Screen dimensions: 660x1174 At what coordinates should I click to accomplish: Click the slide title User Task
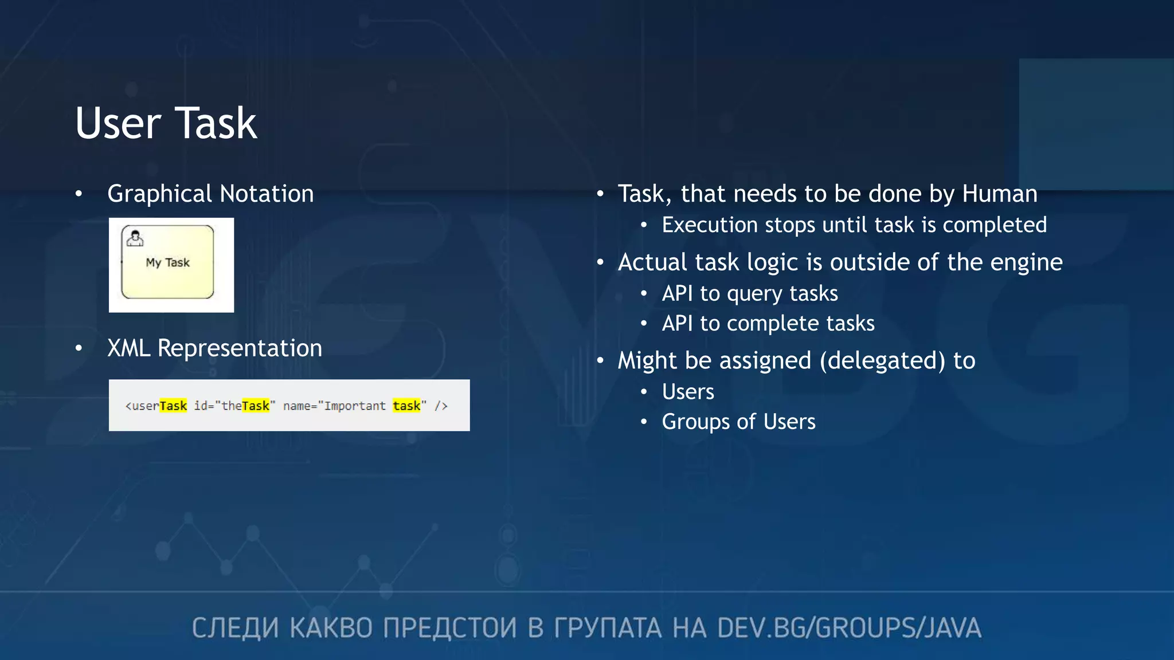click(166, 123)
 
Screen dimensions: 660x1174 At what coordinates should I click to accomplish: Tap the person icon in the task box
click(135, 238)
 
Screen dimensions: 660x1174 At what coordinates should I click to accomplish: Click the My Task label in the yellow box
click(167, 262)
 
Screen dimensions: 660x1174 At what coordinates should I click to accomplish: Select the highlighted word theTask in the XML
click(245, 406)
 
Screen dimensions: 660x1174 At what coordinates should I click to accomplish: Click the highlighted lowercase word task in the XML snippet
click(406, 406)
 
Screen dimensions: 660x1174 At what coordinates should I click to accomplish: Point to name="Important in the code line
click(334, 406)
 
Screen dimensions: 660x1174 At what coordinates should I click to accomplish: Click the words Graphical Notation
click(210, 194)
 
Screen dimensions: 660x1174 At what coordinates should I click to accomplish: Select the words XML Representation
click(214, 348)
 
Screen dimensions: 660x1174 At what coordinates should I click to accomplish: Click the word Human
click(1000, 194)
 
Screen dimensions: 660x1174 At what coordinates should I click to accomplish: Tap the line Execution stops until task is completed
click(854, 225)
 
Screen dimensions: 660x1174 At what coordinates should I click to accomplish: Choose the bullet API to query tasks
click(750, 293)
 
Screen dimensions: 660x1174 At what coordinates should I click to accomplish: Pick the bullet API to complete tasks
click(768, 323)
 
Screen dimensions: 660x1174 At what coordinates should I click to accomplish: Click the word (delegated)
click(882, 360)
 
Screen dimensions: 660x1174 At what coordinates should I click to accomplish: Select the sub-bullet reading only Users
click(688, 392)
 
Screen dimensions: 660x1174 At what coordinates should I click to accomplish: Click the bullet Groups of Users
click(738, 422)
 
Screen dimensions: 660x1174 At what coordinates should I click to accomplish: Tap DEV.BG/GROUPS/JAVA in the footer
click(849, 628)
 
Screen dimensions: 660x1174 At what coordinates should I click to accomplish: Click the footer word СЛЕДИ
click(235, 628)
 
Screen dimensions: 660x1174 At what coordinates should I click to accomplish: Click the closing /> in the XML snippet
click(441, 406)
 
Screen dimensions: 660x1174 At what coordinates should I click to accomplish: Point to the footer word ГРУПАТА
click(607, 628)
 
